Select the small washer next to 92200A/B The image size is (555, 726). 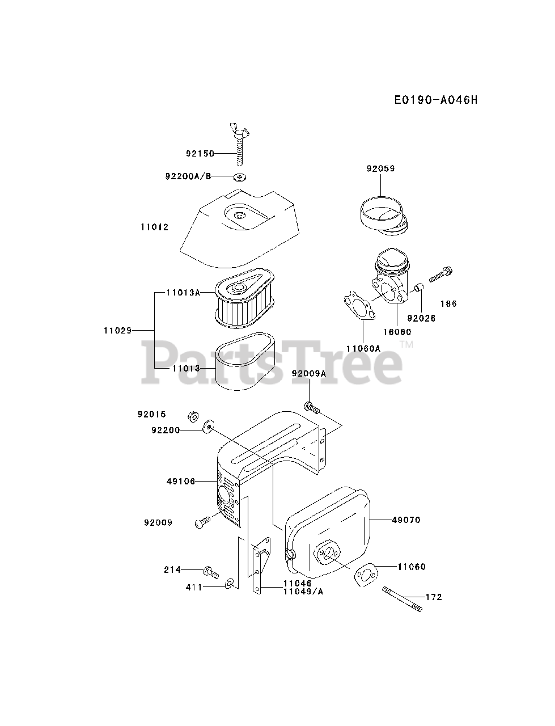pos(241,177)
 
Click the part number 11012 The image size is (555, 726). pos(154,227)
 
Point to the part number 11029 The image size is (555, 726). pos(117,330)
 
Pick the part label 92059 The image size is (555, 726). pos(380,168)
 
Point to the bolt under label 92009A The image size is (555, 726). pos(311,407)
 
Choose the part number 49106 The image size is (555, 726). pos(181,482)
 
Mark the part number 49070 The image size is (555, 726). pos(405,520)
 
